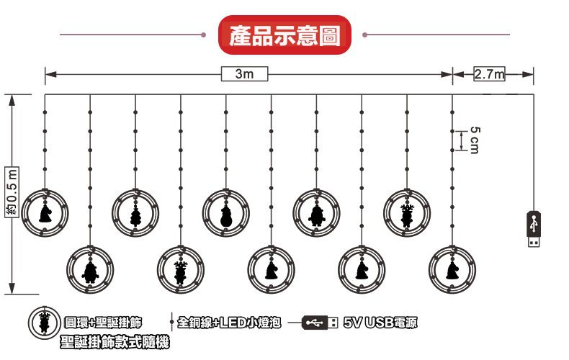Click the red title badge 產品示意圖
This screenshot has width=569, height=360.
(x=284, y=34)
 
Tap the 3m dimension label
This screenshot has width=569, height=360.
(x=245, y=73)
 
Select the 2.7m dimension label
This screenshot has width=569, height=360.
(x=489, y=73)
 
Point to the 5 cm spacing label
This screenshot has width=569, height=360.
(x=473, y=139)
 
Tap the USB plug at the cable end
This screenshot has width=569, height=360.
(x=534, y=229)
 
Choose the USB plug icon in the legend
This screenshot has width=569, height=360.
(x=315, y=322)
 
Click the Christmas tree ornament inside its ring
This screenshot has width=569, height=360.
(x=135, y=212)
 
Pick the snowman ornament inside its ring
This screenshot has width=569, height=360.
(x=226, y=212)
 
